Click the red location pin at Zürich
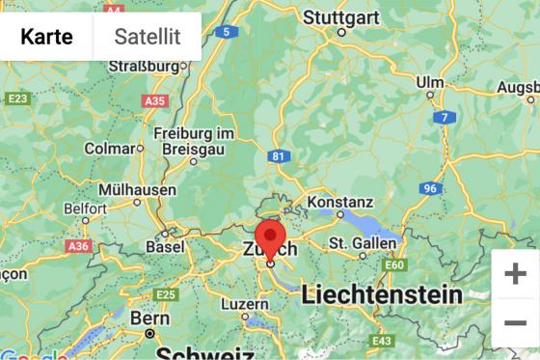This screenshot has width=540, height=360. point(270,239)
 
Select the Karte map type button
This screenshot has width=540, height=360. point(46,37)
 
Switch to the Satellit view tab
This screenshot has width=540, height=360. point(147,37)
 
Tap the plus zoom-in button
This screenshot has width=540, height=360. point(515,273)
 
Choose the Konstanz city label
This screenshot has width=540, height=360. point(339,203)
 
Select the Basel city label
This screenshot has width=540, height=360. point(164,247)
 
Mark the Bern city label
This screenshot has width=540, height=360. point(150,318)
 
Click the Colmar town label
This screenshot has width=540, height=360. point(109,149)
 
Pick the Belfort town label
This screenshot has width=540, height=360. point(84,208)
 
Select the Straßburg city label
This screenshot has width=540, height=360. point(146,67)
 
